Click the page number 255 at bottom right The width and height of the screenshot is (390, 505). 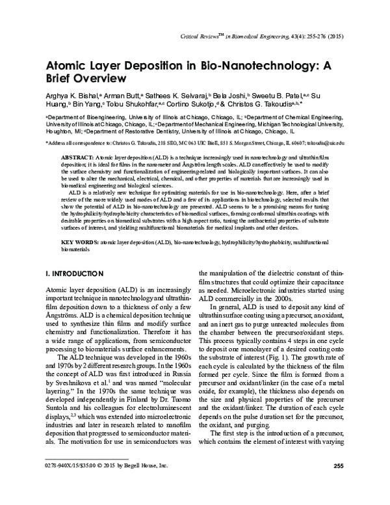[337, 484]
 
